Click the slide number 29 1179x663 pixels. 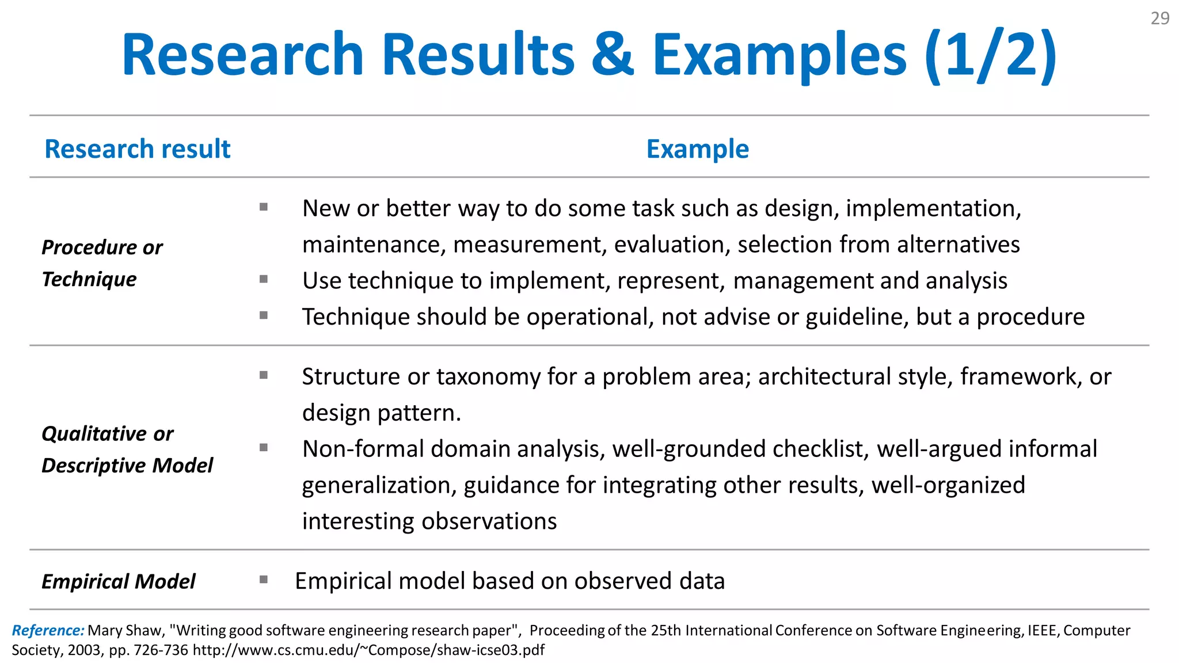click(x=1159, y=18)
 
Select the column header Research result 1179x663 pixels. click(x=137, y=149)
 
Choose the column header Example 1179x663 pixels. click(x=697, y=149)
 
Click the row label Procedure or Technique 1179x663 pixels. click(x=102, y=263)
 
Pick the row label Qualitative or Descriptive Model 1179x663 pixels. click(x=127, y=449)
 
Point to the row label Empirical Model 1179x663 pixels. click(x=118, y=581)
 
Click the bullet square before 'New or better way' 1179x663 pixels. click(x=264, y=207)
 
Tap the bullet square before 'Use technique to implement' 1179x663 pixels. click(x=264, y=280)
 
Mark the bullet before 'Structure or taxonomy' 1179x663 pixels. click(x=264, y=376)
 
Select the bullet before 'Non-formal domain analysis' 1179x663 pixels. click(x=264, y=448)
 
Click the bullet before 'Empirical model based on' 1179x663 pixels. click(x=264, y=580)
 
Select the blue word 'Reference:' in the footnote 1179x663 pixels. click(x=48, y=631)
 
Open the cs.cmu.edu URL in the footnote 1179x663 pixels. click(x=368, y=650)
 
